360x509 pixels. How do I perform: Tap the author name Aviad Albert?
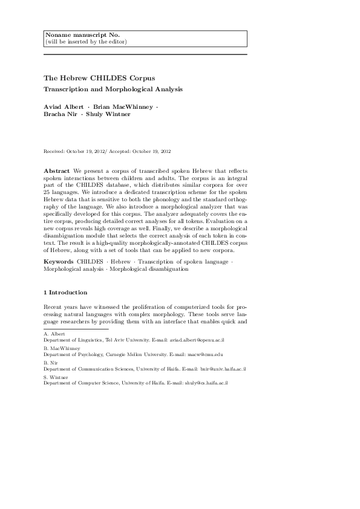pos(64,107)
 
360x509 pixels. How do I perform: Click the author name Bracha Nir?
pos(60,114)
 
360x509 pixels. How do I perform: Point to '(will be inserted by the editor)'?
pos(85,42)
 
